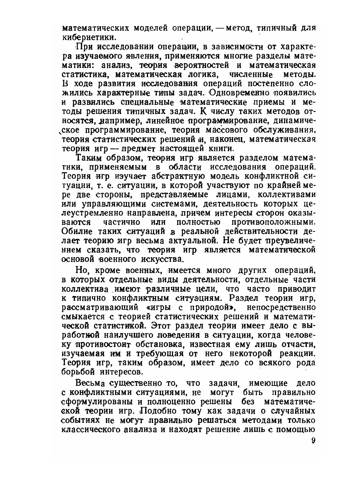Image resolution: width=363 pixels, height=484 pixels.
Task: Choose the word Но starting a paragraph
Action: click(x=82, y=270)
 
